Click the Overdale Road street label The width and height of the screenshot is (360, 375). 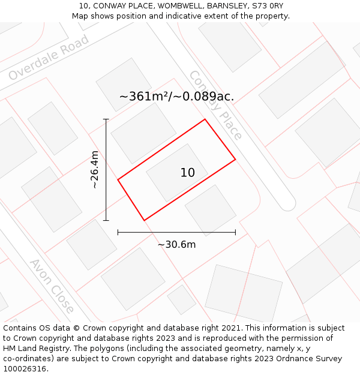[49, 58]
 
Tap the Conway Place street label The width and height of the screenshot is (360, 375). [215, 105]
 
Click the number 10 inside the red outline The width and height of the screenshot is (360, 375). [187, 173]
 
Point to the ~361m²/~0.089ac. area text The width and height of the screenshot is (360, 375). [176, 97]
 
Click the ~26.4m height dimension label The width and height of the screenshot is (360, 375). [94, 170]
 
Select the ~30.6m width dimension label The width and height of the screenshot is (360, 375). [176, 244]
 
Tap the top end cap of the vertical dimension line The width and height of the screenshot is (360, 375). [106, 119]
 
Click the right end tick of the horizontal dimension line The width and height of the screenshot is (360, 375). [235, 232]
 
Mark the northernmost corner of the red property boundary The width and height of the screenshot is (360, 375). [205, 119]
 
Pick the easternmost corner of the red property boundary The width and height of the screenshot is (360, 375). [235, 159]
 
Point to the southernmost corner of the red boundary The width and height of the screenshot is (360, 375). [145, 220]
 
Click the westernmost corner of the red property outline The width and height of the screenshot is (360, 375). [118, 179]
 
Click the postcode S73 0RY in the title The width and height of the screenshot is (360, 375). [268, 6]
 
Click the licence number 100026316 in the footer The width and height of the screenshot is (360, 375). [25, 368]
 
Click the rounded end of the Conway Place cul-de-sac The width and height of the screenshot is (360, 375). [289, 203]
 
